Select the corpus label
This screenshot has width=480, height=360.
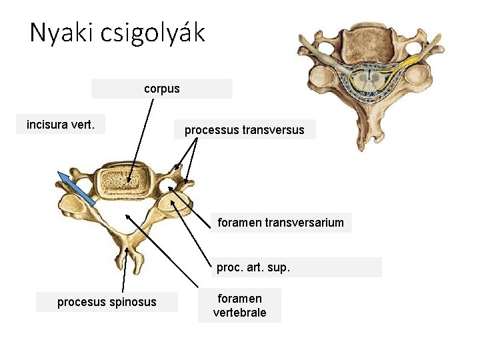[162, 89]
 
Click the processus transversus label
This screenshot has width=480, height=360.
[244, 130]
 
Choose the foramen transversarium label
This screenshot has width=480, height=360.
[281, 223]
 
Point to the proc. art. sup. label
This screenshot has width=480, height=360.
[253, 268]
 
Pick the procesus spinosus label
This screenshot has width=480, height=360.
[107, 302]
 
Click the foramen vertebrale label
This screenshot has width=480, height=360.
[239, 305]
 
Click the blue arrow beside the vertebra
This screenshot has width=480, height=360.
[77, 187]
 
